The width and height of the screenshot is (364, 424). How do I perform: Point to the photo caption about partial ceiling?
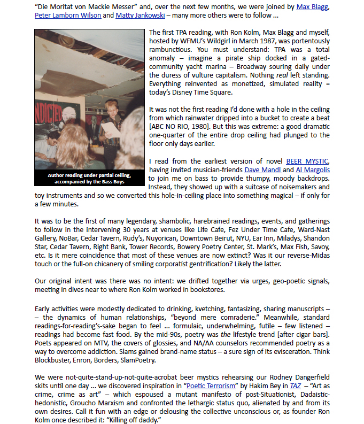pyautogui.click(x=89, y=178)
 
